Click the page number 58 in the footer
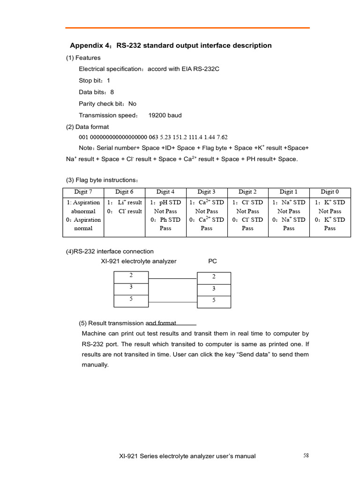point(306,455)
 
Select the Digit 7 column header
point(83,192)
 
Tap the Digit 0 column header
point(330,192)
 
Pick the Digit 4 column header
point(165,192)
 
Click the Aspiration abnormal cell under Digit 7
point(83,207)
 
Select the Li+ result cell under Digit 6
point(124,202)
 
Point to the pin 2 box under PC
point(214,277)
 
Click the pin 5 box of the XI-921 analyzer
point(131,299)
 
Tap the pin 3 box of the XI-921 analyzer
point(131,287)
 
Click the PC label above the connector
point(212,261)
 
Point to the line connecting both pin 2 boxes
point(172,278)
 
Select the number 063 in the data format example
point(154,137)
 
